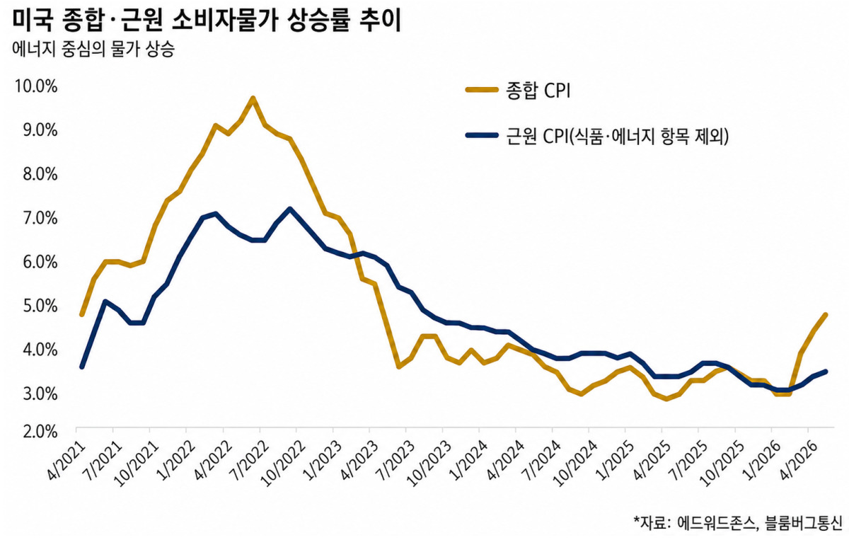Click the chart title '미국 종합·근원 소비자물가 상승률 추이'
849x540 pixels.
207,21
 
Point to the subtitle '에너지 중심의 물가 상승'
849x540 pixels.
93,50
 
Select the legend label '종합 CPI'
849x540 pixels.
538,91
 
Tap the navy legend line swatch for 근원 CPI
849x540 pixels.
482,135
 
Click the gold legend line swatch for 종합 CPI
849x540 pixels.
482,90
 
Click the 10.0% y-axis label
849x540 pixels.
36,87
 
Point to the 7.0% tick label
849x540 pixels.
40,219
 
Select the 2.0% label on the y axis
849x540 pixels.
40,432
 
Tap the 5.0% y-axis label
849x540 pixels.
40,306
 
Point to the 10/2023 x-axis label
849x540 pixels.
427,464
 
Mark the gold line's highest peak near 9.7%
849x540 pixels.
253,98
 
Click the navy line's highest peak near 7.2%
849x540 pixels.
289,209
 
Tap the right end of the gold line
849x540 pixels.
826,315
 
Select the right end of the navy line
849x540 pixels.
826,372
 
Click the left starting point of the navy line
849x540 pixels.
82,367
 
